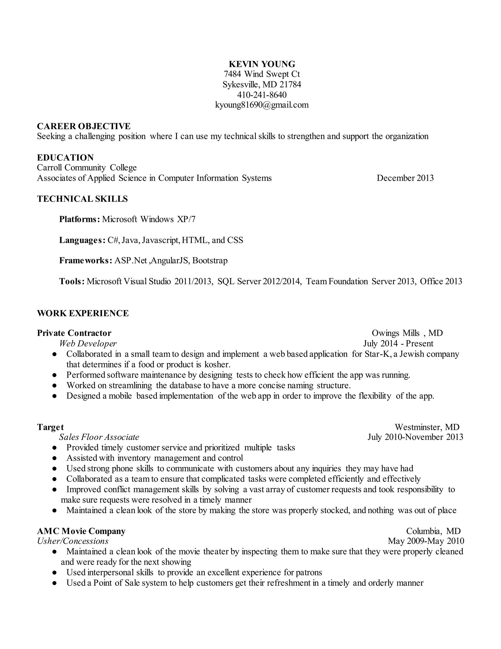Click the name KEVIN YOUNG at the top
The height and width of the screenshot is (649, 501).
click(262, 64)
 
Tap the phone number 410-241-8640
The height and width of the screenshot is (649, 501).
click(262, 95)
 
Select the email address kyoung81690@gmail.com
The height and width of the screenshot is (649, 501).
click(262, 105)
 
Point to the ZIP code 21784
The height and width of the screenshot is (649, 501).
click(290, 85)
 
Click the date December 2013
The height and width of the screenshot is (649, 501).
click(405, 178)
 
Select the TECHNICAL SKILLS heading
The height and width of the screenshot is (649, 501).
click(82, 199)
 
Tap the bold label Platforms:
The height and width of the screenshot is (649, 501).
click(79, 219)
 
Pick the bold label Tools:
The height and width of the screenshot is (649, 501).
click(72, 281)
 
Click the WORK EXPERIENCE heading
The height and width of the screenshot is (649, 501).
click(83, 313)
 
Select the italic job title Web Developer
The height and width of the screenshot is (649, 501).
click(88, 344)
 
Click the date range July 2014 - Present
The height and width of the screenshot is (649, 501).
click(398, 344)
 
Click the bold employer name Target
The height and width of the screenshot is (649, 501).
click(50, 427)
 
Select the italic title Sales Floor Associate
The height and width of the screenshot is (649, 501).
click(99, 437)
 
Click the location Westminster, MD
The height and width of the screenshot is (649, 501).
click(427, 427)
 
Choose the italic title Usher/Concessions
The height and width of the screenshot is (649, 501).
click(73, 541)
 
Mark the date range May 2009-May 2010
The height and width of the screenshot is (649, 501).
click(426, 541)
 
